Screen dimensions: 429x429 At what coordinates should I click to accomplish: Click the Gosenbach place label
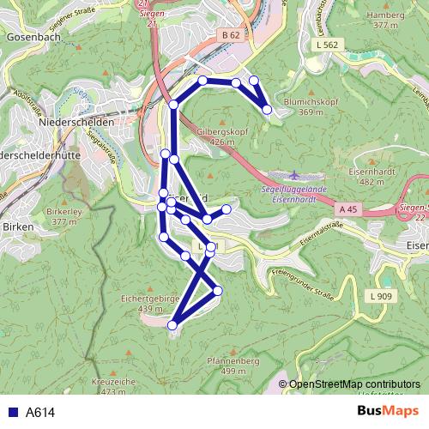point(30,39)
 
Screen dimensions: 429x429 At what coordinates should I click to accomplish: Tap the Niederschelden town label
point(76,123)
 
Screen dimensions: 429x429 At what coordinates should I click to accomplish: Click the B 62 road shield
point(229,35)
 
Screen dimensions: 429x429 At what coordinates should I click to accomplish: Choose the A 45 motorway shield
point(347,209)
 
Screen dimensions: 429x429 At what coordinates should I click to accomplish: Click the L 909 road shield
point(383,296)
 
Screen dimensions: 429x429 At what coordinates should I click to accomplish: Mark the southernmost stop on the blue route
point(172,325)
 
